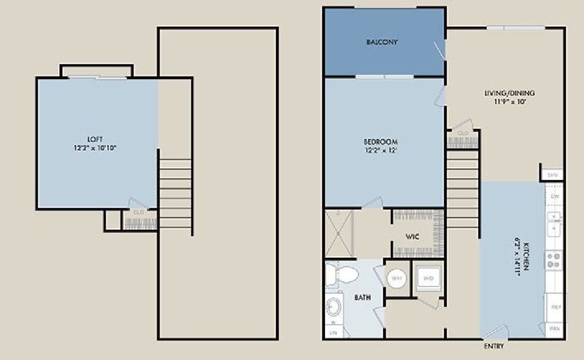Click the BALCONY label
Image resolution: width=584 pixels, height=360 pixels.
click(x=382, y=42)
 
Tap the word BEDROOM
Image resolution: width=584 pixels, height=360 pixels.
click(x=381, y=142)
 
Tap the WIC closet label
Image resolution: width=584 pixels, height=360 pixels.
click(x=413, y=236)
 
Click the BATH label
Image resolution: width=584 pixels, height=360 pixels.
click(x=362, y=297)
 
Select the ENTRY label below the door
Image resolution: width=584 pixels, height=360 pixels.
click(x=493, y=346)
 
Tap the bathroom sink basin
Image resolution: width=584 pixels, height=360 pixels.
click(x=333, y=308)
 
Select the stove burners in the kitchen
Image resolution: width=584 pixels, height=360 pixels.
click(x=553, y=260)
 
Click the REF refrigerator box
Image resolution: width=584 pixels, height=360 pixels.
click(x=554, y=307)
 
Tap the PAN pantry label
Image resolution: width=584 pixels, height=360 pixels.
click(x=554, y=329)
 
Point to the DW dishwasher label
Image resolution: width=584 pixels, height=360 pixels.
click(x=555, y=196)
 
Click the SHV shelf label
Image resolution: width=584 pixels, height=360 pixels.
click(x=552, y=175)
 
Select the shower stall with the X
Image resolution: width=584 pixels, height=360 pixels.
click(x=339, y=234)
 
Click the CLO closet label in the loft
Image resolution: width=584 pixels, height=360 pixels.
click(x=138, y=212)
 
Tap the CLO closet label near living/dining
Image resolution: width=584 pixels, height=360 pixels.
click(x=463, y=133)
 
